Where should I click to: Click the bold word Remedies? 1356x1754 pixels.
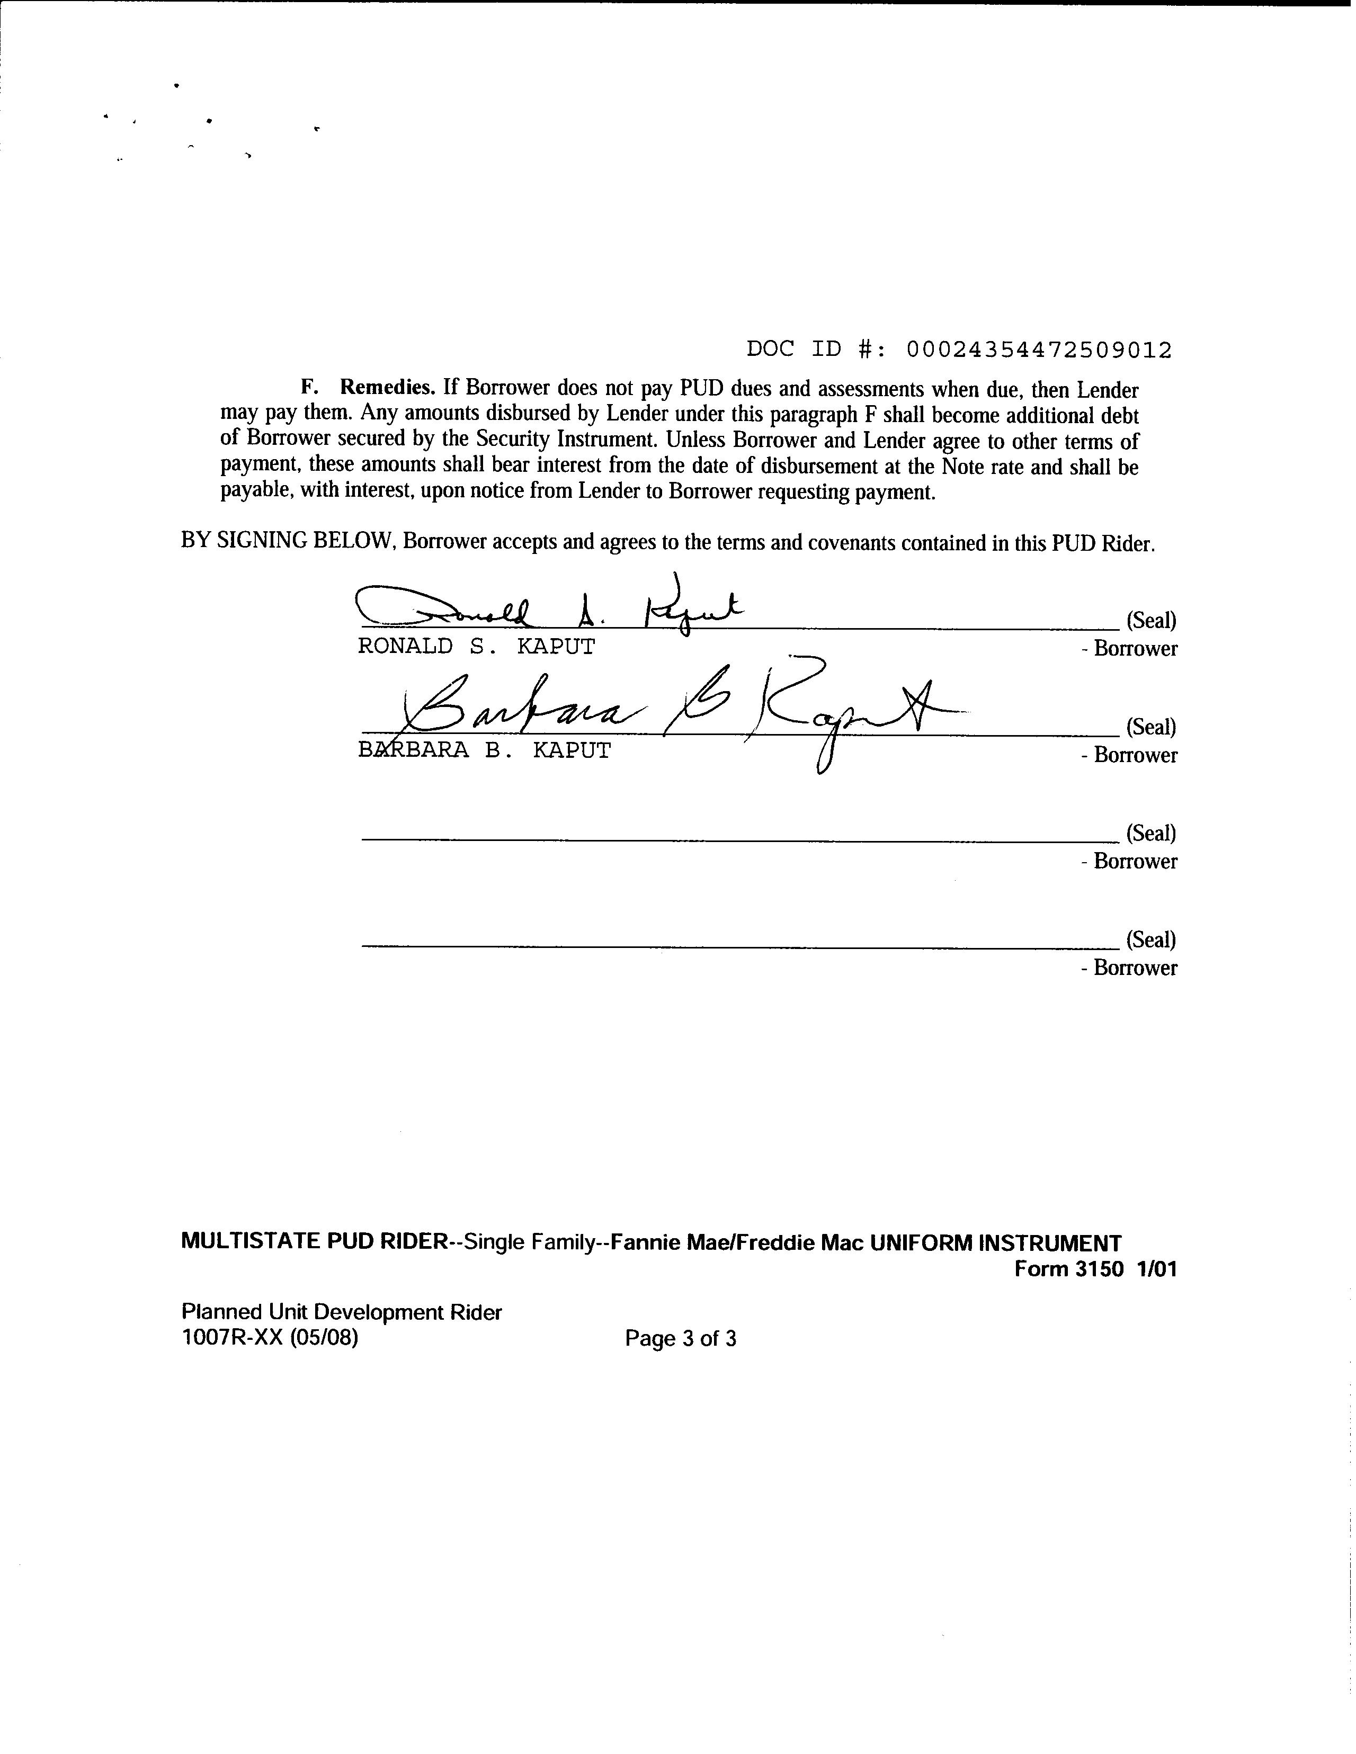(x=387, y=387)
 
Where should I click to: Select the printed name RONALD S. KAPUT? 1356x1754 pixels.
(x=476, y=647)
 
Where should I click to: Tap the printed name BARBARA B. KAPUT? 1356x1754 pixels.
(x=485, y=751)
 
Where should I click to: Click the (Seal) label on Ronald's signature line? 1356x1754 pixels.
(x=1151, y=620)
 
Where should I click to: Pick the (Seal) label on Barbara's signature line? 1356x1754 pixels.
(x=1151, y=727)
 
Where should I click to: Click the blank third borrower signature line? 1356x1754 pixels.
(x=739, y=840)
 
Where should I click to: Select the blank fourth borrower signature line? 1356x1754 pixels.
(x=739, y=947)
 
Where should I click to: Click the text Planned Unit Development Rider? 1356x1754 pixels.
(x=342, y=1312)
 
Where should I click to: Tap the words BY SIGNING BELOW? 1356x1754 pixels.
(x=287, y=541)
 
